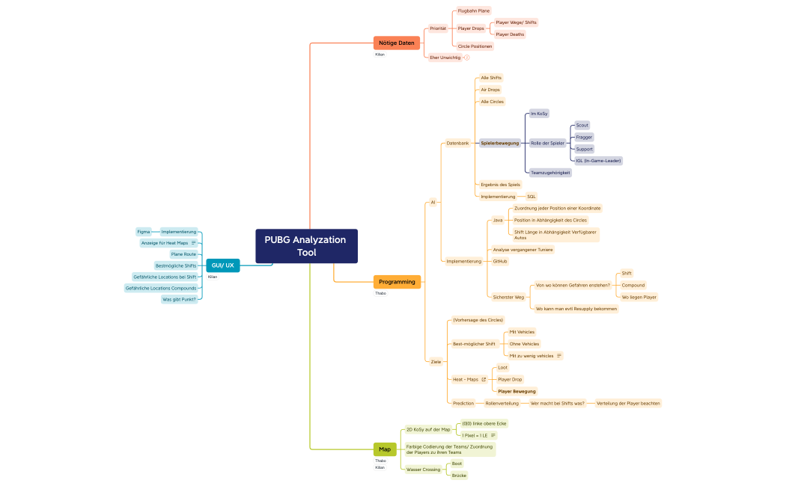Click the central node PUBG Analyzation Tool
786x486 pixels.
306,246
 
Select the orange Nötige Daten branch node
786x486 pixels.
396,43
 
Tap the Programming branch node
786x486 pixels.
397,282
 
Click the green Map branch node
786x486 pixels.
385,449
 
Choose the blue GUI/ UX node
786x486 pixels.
222,265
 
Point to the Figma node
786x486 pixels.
143,232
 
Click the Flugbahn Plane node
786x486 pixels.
473,11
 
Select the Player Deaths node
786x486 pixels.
510,34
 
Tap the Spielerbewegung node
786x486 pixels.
499,143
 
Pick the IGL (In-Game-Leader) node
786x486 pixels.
598,161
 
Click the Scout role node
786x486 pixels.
582,125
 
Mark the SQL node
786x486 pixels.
531,197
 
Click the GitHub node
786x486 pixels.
500,261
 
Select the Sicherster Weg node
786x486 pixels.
508,297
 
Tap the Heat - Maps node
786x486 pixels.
465,379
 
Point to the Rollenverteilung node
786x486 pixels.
502,403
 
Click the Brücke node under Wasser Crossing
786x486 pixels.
459,476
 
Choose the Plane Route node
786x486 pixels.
183,254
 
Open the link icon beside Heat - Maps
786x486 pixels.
484,379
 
